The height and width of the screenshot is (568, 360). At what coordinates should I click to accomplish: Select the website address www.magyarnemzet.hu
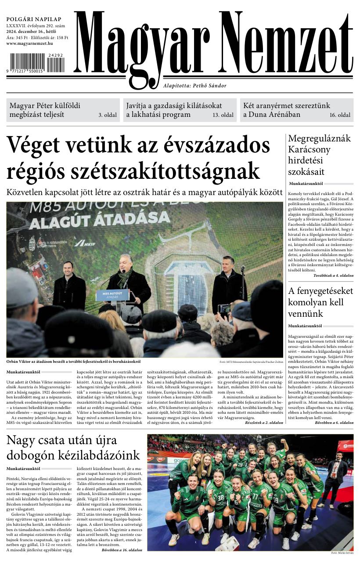pyautogui.click(x=29, y=43)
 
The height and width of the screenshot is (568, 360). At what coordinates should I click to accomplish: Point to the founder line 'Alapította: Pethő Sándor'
pyautogui.click(x=194, y=86)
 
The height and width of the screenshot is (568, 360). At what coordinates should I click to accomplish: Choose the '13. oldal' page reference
pyautogui.click(x=223, y=115)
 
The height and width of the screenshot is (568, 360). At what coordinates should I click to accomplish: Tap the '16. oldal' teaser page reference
pyautogui.click(x=340, y=115)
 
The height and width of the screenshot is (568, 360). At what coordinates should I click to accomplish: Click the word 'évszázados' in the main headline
pyautogui.click(x=216, y=145)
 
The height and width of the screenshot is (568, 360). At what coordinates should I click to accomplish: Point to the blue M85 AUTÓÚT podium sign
pyautogui.click(x=112, y=295)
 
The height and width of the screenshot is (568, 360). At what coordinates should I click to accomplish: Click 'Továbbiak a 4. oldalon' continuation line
pyautogui.click(x=333, y=275)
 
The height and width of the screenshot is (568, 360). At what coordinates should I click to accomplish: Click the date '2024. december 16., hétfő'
pyautogui.click(x=34, y=31)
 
